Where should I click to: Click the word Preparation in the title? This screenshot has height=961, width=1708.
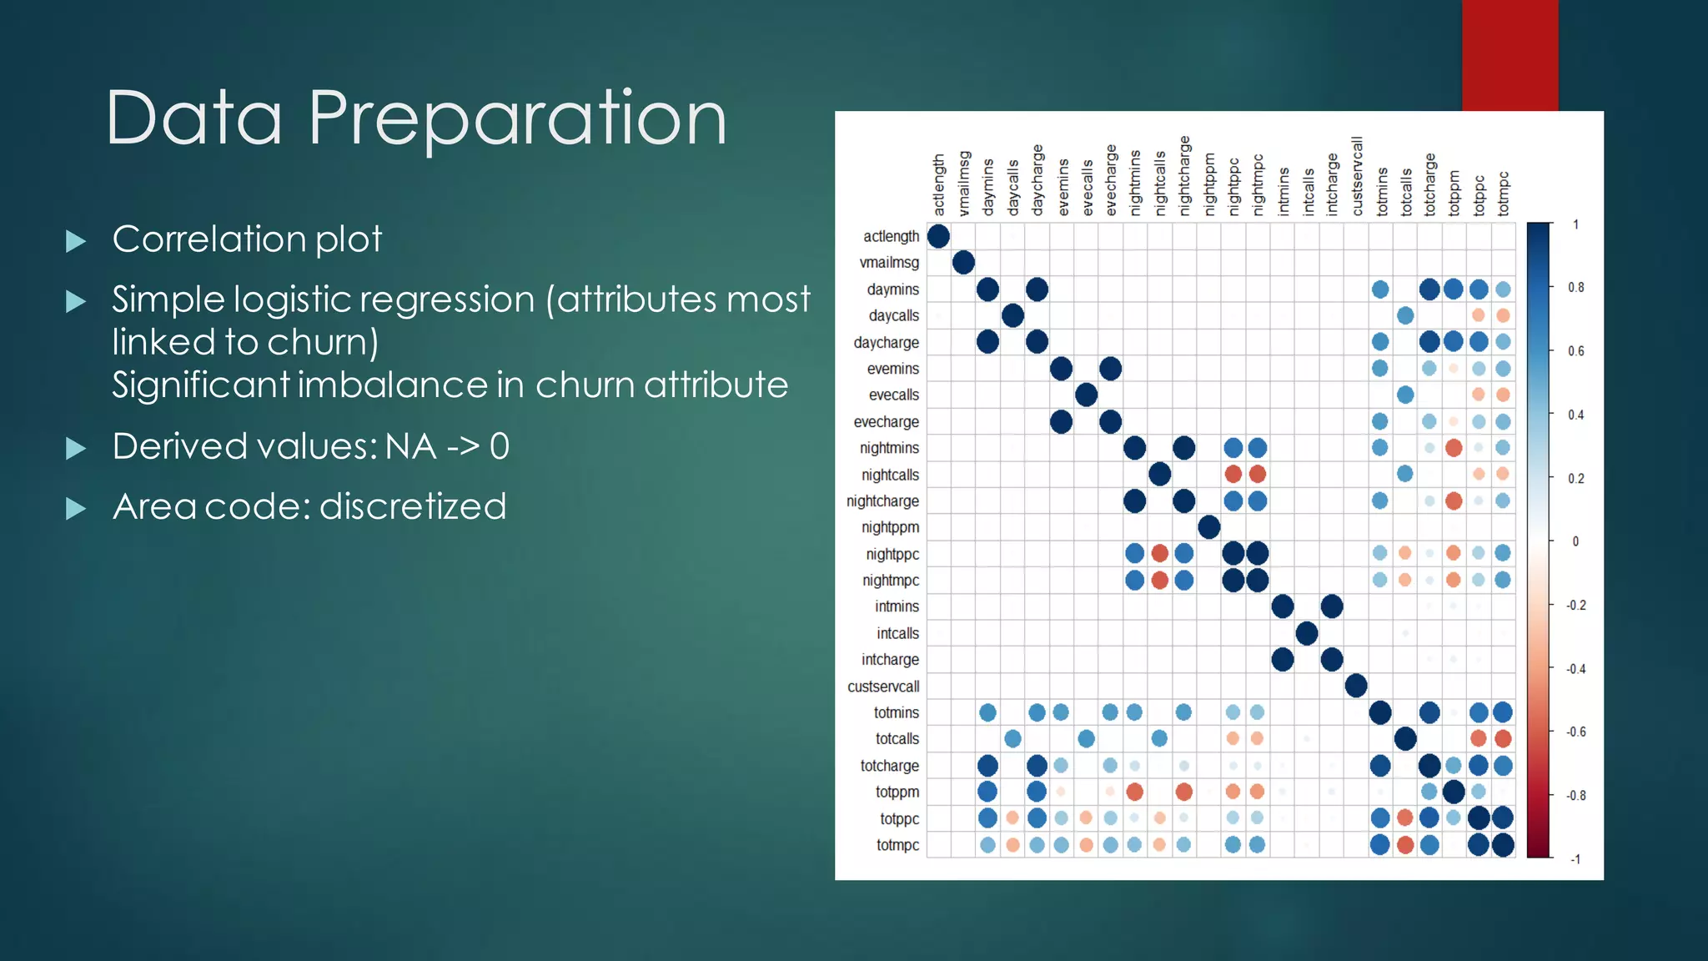(x=517, y=119)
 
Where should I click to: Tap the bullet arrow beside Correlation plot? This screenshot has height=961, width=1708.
(x=76, y=242)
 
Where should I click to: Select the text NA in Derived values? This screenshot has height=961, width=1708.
(x=410, y=446)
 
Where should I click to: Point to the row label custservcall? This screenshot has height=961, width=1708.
(x=883, y=687)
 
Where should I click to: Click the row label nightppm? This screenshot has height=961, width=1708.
(x=890, y=527)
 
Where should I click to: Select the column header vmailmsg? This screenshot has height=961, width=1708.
(x=964, y=184)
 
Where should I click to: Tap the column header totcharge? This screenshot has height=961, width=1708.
(x=1429, y=184)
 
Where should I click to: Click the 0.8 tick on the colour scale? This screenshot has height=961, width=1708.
(x=1575, y=288)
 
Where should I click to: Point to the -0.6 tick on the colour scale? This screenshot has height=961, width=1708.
(x=1575, y=732)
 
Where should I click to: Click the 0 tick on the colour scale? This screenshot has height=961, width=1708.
(x=1575, y=541)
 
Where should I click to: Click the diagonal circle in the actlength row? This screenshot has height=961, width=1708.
(x=938, y=236)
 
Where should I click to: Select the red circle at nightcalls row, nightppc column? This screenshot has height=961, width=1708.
(x=1233, y=475)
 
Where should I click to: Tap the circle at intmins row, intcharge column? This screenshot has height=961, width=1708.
(x=1332, y=606)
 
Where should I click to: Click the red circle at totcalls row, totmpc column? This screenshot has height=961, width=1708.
(x=1503, y=738)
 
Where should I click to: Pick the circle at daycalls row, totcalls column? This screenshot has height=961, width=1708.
(x=1405, y=315)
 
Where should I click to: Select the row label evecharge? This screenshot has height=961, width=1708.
(x=886, y=422)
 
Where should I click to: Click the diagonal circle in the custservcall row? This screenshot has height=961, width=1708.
(x=1356, y=686)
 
